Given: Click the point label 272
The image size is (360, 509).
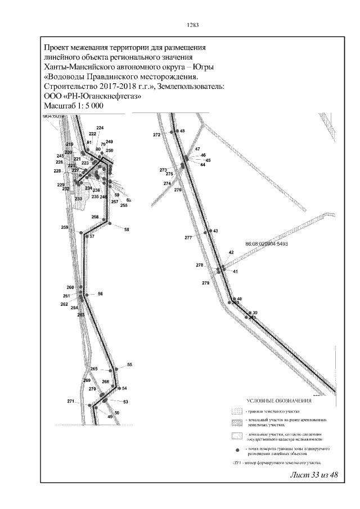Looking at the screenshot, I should [x=157, y=135].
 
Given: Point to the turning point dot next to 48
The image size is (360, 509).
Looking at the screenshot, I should [x=175, y=131].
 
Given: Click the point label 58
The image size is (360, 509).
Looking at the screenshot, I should [x=127, y=229].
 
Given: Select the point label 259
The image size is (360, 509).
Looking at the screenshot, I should [x=65, y=227].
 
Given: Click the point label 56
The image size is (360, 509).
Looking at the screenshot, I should [x=100, y=294].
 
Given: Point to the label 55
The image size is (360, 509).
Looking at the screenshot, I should [x=129, y=365].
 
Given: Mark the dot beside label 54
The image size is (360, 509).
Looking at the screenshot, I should [x=119, y=388].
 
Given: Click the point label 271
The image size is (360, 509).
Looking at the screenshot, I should [x=71, y=401].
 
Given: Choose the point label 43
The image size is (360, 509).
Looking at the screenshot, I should [x=215, y=231].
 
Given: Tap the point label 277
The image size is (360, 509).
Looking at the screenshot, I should [x=188, y=238].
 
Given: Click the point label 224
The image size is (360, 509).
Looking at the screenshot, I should [x=100, y=128].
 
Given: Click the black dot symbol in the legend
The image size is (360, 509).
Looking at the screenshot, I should [x=237, y=451].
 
